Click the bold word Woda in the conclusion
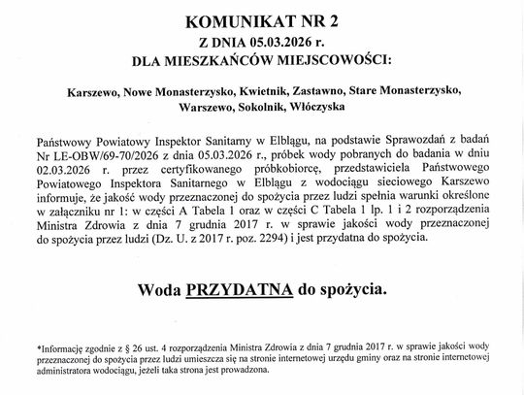(x=160, y=288)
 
